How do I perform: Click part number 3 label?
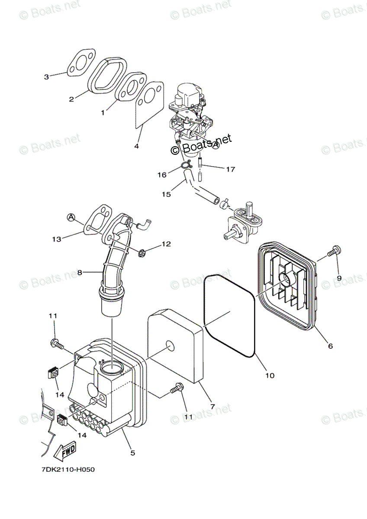pos(47,77)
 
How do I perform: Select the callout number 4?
pos(136,146)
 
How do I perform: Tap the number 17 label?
pos(230,169)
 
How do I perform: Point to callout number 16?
pos(161,175)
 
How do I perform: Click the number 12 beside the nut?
pos(167,244)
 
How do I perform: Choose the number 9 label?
pos(339,278)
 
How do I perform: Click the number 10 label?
pos(270,375)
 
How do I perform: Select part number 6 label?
pos(330,346)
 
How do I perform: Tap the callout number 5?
pos(132,453)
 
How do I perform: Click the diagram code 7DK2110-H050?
pos(62,470)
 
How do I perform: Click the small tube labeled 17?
pos(200,170)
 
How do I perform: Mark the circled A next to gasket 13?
pos(71,217)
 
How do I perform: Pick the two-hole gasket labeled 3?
pos(81,62)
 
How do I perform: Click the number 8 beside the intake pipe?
pos(79,272)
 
